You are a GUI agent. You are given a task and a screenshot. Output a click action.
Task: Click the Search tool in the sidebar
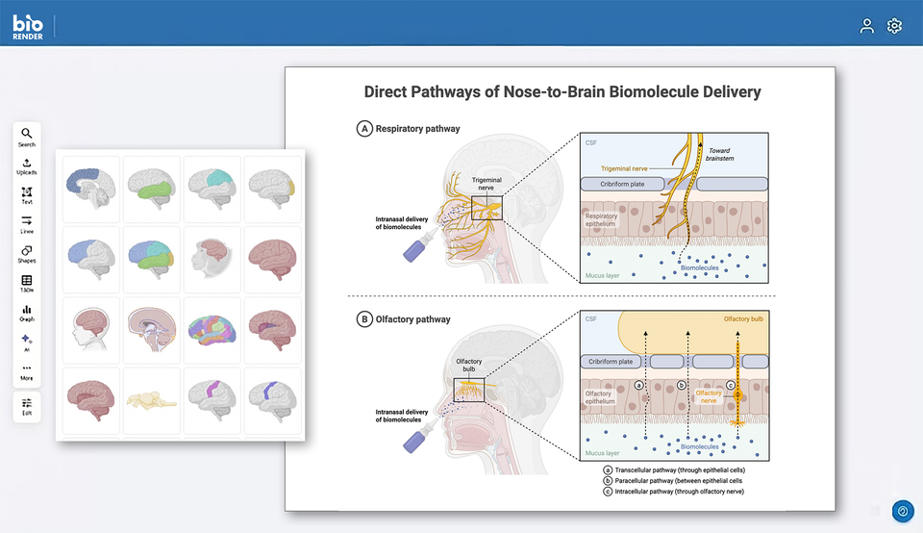[x=27, y=137]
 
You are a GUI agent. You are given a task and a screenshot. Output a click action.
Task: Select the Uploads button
[x=27, y=165]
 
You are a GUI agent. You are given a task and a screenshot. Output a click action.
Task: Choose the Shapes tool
[x=27, y=253]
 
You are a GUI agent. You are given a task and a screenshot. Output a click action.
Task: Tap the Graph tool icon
[x=27, y=313]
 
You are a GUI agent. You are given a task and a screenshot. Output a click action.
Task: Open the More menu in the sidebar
[x=27, y=371]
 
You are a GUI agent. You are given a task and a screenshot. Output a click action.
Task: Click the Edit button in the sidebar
[x=27, y=406]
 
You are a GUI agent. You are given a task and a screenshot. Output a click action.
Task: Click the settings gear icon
[x=894, y=26]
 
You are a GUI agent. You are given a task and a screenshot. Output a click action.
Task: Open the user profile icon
[x=867, y=26]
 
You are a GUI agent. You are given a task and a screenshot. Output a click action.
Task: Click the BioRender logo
[x=27, y=26]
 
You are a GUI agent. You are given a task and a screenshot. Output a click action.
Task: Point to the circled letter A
[x=364, y=128]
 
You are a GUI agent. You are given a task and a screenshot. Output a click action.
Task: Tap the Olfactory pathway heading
[x=412, y=318]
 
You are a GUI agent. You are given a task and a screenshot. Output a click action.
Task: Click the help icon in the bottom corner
[x=902, y=512]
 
